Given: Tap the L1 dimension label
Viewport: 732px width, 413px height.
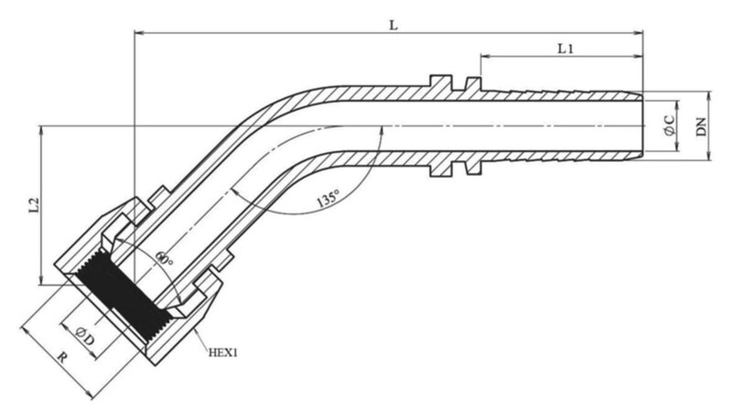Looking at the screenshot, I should click(x=565, y=49).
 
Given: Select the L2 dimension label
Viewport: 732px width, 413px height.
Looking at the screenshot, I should click(x=34, y=207).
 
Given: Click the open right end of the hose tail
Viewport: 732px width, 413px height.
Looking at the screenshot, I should click(x=641, y=125).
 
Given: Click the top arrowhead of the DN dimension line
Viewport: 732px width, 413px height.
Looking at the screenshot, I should click(x=712, y=96).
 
